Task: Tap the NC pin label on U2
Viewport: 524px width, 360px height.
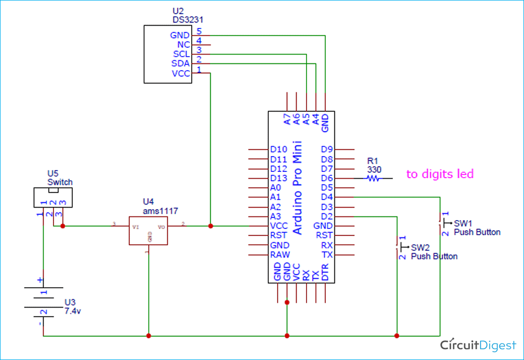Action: (x=183, y=45)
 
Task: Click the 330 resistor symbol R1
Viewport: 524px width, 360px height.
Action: (x=373, y=179)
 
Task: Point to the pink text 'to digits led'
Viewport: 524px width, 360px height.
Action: (x=440, y=174)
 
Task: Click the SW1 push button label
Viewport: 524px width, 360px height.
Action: (x=463, y=223)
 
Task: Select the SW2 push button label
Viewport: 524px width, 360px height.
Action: (x=420, y=247)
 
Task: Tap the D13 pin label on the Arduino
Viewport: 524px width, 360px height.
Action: (x=278, y=179)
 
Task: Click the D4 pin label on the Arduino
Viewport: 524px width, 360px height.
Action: (x=327, y=198)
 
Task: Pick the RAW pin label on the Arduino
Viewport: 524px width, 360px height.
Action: (x=280, y=255)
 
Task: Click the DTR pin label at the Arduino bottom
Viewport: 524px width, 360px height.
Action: (x=325, y=275)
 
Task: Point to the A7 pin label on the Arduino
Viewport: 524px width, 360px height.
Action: (x=287, y=119)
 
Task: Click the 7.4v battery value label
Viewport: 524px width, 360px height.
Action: (x=73, y=311)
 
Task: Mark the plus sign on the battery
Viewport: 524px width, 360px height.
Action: (x=40, y=281)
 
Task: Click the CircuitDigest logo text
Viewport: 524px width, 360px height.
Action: (x=478, y=344)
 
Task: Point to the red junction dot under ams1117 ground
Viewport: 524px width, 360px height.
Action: (x=149, y=335)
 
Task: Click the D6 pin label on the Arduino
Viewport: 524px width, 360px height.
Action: (x=327, y=179)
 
